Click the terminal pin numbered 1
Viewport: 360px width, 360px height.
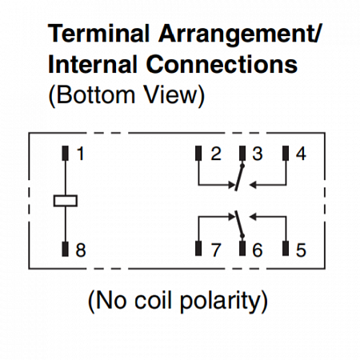click(x=66, y=154)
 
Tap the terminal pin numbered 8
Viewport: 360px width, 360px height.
click(x=66, y=249)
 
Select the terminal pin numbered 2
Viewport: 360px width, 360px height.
click(x=198, y=154)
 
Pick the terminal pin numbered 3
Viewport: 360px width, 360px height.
click(x=242, y=154)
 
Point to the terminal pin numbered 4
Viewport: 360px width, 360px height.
click(x=286, y=154)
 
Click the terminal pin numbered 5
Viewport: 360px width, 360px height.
click(x=286, y=249)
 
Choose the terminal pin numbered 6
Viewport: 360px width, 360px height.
click(x=242, y=249)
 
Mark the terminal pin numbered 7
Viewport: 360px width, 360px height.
click(x=198, y=249)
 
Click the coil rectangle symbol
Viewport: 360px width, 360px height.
click(x=66, y=201)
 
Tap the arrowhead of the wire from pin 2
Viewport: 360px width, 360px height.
click(x=231, y=185)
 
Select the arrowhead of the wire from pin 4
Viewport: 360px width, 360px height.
click(x=253, y=185)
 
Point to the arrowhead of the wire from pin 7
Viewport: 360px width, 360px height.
click(x=231, y=217)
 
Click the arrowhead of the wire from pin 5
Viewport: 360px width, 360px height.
click(x=253, y=217)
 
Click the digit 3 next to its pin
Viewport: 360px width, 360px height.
click(x=258, y=154)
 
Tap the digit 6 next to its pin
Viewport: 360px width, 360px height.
click(x=258, y=250)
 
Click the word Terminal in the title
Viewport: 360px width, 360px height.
click(x=98, y=34)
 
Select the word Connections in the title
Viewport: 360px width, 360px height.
click(x=222, y=64)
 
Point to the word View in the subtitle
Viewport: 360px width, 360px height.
click(x=174, y=94)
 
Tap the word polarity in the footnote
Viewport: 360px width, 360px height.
click(x=223, y=301)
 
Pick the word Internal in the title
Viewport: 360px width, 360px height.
click(x=93, y=64)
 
